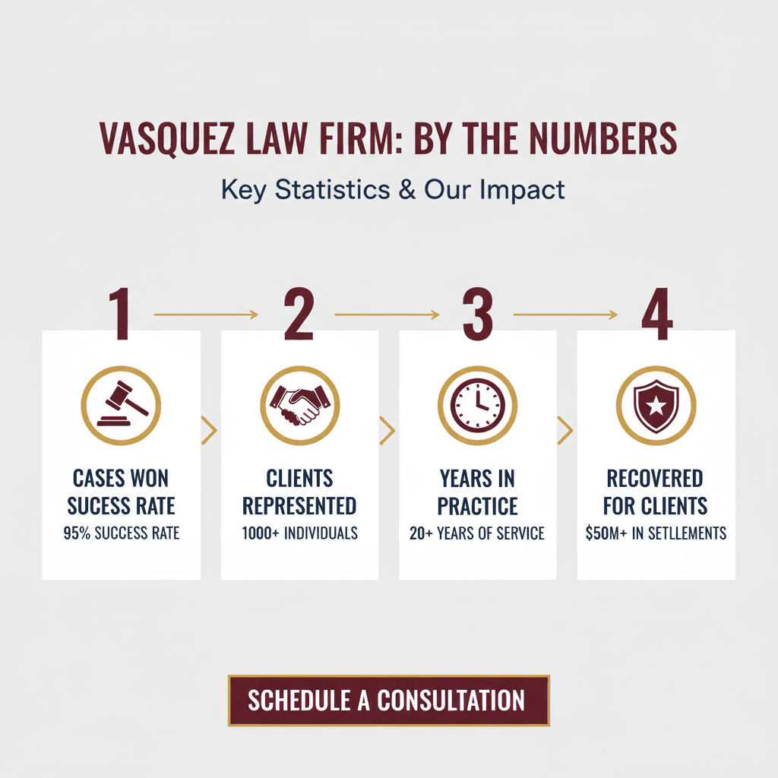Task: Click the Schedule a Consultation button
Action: pos(388,700)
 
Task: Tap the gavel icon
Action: pos(121,406)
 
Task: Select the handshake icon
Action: pos(299,406)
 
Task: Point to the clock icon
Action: pos(477,406)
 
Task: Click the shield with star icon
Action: pos(656,406)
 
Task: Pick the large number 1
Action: pos(120,314)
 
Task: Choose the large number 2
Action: pos(299,314)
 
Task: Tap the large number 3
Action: pos(478,314)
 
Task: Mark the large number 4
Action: pos(657,314)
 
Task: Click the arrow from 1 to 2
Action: pos(206,315)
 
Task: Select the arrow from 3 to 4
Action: pos(565,315)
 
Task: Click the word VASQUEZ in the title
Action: pos(166,139)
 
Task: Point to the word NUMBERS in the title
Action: pos(602,138)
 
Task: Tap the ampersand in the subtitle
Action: pos(407,190)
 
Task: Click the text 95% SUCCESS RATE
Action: pos(121,533)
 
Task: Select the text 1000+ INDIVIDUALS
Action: pos(299,533)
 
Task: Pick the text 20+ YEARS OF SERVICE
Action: pos(477,533)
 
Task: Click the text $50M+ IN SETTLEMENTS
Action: pos(656,533)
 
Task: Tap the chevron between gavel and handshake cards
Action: pos(210,430)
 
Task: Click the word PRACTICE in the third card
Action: pos(477,506)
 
